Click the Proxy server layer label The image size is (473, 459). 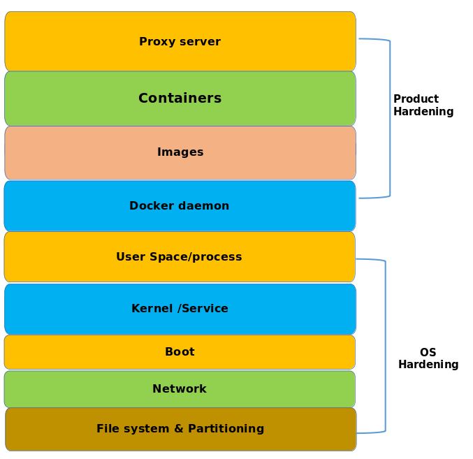[180, 42]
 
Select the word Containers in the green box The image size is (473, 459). [180, 99]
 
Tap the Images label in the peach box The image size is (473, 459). [180, 152]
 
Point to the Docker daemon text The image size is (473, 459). [179, 206]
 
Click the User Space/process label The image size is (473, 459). [179, 257]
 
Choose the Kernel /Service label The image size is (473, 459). [180, 309]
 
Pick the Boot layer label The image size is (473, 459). [180, 352]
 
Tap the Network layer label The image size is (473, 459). [180, 389]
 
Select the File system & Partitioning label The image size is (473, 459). [180, 429]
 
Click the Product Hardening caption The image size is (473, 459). [423, 105]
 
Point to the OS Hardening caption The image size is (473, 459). [428, 358]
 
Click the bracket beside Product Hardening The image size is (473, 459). [389, 119]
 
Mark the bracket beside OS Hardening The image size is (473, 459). [385, 346]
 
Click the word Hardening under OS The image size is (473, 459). [428, 365]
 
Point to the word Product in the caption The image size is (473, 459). [416, 99]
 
